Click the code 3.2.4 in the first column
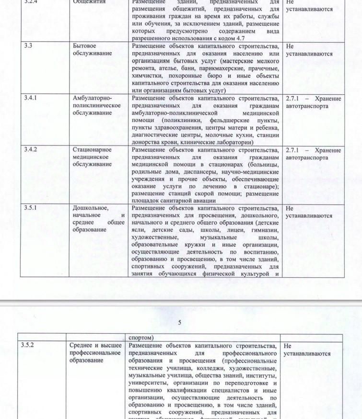point(32,2)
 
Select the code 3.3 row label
point(28,46)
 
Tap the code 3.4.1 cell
point(31,98)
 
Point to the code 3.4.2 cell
point(31,149)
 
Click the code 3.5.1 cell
point(31,208)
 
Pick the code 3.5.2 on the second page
point(29,345)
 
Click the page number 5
point(180,322)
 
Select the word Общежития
point(89,2)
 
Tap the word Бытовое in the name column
point(85,46)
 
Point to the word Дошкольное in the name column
point(91,208)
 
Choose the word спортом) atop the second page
point(142,337)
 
